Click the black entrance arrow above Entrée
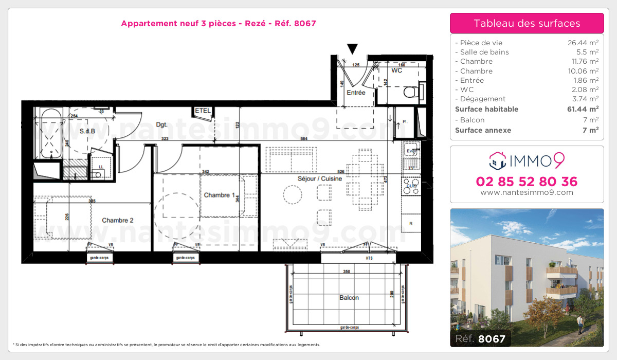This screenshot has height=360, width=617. [x=352, y=49]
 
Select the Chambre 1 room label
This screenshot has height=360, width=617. [x=220, y=195]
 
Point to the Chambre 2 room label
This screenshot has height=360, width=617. [x=118, y=220]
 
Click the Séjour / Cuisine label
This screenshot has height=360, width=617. [x=320, y=178]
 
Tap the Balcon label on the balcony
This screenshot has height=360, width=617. [x=349, y=298]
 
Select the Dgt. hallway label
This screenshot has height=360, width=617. [x=163, y=124]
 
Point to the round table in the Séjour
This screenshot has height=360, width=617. [x=293, y=194]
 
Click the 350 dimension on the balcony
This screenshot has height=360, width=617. [x=347, y=272]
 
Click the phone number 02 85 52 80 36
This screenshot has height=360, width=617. [x=527, y=182]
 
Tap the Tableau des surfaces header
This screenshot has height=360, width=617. [x=527, y=23]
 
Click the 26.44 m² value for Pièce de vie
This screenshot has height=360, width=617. [x=582, y=43]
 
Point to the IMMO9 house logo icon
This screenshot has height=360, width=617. [x=498, y=160]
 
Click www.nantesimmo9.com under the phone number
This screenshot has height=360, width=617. [x=527, y=192]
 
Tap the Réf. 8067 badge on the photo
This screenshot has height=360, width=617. [x=480, y=338]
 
